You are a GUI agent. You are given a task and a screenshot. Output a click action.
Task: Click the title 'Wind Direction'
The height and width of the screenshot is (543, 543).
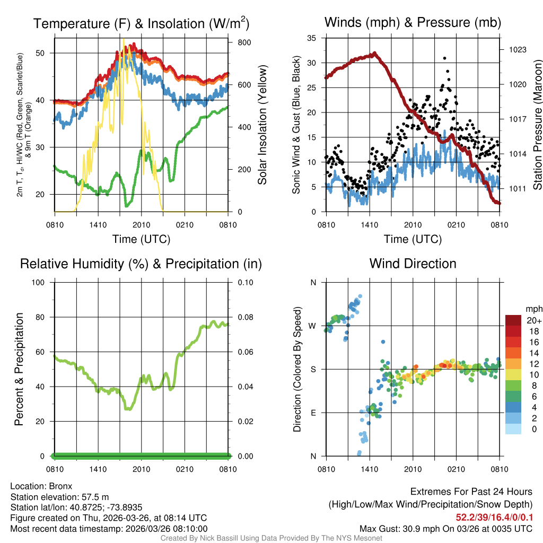[413, 264]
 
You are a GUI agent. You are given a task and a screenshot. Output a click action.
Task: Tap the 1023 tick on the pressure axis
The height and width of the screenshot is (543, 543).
[518, 49]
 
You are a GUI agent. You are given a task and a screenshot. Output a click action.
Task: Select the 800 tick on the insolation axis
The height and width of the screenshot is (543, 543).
[244, 42]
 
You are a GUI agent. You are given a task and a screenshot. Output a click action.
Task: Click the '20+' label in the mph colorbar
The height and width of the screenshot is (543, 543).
[534, 321]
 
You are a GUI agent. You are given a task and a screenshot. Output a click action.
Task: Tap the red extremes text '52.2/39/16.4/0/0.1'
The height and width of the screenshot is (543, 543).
[494, 517]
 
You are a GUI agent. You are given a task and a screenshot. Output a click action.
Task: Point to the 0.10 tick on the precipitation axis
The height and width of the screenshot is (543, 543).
[245, 282]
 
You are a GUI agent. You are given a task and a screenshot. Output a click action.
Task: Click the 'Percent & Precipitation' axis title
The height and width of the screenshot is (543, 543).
[19, 369]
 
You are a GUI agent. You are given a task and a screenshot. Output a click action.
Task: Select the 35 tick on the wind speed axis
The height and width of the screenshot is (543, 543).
[312, 38]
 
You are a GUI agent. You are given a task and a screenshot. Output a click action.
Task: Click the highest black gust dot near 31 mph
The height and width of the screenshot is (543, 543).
[444, 58]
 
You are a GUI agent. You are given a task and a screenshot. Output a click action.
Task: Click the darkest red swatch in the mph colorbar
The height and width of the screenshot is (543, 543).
[514, 320]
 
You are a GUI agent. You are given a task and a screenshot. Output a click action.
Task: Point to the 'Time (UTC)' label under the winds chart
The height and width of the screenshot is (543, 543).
[413, 239]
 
